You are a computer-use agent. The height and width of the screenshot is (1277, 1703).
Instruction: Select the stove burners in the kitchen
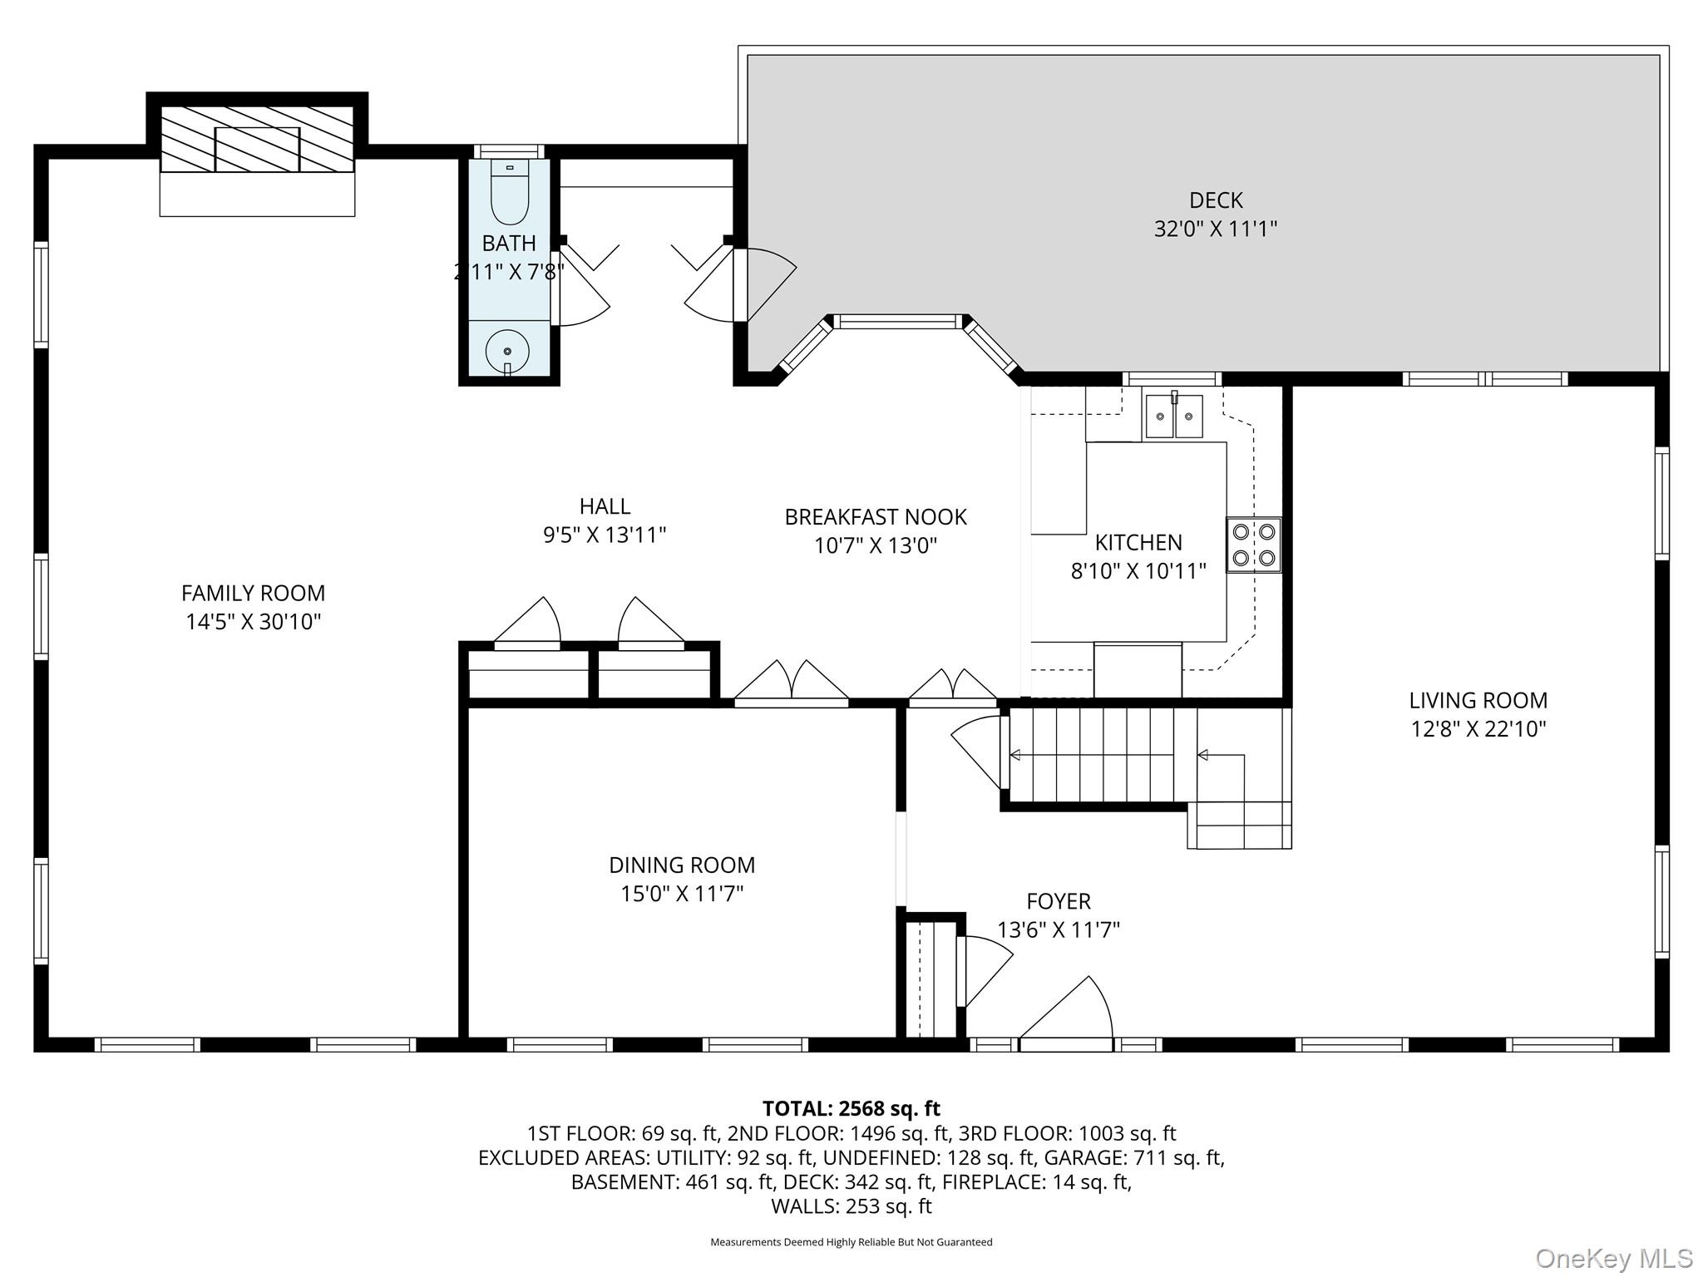pos(1253,545)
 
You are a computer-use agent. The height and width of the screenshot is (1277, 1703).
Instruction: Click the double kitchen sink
pos(1173,417)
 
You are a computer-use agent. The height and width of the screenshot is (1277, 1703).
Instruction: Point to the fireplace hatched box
pos(257,140)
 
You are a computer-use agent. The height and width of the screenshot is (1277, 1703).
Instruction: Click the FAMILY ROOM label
pos(253,594)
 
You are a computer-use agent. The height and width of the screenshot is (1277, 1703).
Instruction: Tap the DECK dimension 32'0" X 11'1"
pos(1215,229)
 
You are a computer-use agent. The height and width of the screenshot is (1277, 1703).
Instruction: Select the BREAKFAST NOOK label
pos(875,517)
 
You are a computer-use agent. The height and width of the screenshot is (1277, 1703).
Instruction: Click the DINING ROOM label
pos(682,865)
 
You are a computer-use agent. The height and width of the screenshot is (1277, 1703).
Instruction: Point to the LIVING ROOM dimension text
pos(1478,729)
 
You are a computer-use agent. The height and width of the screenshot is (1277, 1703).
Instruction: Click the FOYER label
pos(1058,901)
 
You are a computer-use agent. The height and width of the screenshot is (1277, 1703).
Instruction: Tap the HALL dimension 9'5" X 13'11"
pos(605,535)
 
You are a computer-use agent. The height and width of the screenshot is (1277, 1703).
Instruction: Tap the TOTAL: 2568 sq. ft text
pos(851,1108)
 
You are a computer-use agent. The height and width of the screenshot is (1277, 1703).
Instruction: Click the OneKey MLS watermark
pos(1613,1258)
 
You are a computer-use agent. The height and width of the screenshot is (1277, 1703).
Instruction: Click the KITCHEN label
pos(1138,543)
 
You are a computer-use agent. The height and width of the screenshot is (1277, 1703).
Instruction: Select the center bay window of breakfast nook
pos(898,322)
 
